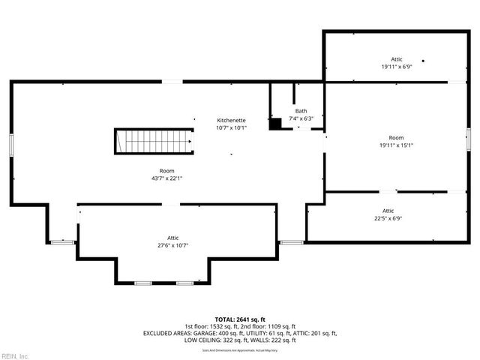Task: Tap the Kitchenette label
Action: click(x=231, y=120)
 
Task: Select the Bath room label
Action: click(x=301, y=110)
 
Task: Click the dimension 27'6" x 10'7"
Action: click(x=172, y=244)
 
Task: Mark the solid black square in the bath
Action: click(x=275, y=123)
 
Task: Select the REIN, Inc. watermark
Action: click(x=15, y=355)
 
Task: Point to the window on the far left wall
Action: click(x=11, y=144)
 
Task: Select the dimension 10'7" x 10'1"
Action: click(x=231, y=127)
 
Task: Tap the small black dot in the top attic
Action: click(x=423, y=61)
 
